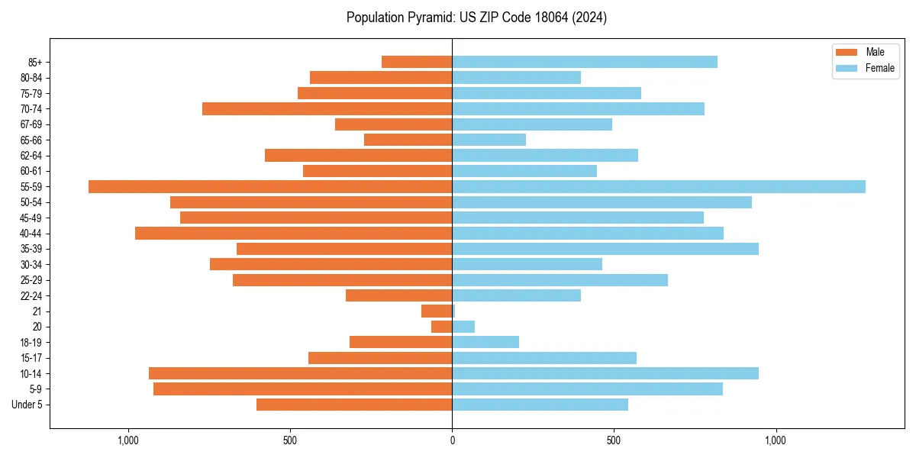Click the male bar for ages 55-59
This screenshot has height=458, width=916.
(x=270, y=186)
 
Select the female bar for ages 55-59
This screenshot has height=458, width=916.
(x=658, y=186)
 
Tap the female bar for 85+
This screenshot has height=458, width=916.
(x=584, y=62)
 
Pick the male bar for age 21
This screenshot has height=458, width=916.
(x=437, y=311)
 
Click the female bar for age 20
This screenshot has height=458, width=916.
(x=463, y=327)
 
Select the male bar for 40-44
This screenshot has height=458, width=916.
(x=293, y=233)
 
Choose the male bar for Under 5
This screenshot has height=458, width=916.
(x=354, y=405)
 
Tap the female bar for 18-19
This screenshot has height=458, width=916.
(x=485, y=342)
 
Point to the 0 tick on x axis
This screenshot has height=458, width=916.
(x=452, y=440)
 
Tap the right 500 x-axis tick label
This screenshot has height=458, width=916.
(x=614, y=440)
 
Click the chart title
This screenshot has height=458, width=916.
(x=476, y=18)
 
